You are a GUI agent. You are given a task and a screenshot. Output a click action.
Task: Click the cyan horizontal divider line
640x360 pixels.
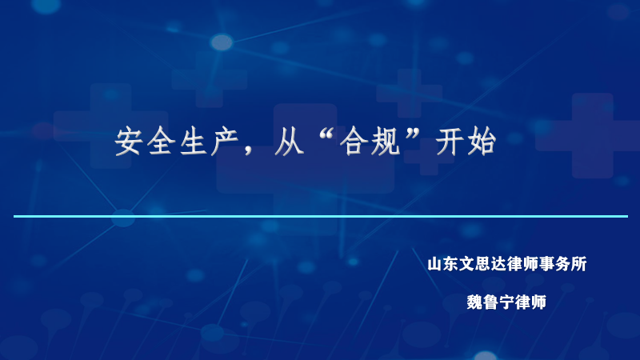click(x=320, y=216)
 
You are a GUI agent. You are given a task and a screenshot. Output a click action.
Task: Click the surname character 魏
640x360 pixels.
click(x=475, y=302)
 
